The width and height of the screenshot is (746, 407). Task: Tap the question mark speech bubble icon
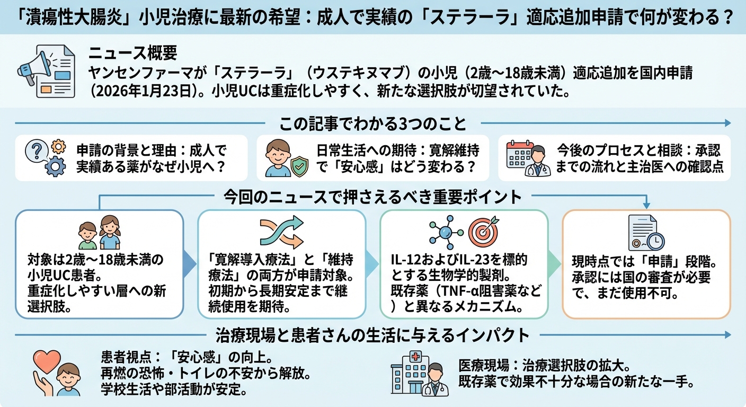(35, 151)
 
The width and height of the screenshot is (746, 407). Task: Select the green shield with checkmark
(299, 166)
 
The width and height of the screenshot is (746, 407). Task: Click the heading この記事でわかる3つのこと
(372, 124)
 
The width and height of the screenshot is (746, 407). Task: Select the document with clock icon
(645, 233)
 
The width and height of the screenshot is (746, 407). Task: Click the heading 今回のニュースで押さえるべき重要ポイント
(372, 197)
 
